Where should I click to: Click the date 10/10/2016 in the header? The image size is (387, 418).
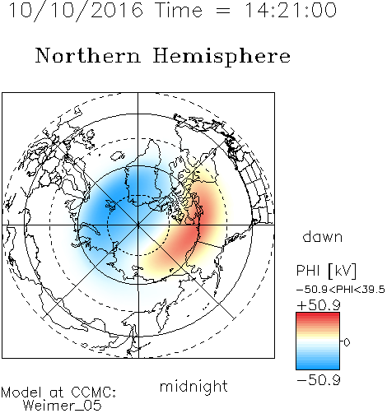pyautogui.click(x=76, y=10)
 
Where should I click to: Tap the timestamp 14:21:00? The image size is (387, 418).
pyautogui.click(x=291, y=10)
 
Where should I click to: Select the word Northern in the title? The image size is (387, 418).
pyautogui.click(x=88, y=55)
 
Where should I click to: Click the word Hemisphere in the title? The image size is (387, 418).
pyautogui.click(x=221, y=56)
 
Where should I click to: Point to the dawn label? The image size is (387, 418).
pyautogui.click(x=323, y=236)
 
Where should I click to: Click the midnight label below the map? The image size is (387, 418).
pyautogui.click(x=193, y=387)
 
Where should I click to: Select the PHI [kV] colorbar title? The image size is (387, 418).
pyautogui.click(x=326, y=271)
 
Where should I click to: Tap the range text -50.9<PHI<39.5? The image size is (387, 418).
pyautogui.click(x=341, y=290)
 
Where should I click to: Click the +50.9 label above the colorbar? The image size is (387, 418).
pyautogui.click(x=319, y=305)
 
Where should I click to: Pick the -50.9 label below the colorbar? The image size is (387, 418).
pyautogui.click(x=319, y=380)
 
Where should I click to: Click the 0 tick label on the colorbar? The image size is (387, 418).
pyautogui.click(x=347, y=342)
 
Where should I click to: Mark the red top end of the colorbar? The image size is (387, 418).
pyautogui.click(x=318, y=314)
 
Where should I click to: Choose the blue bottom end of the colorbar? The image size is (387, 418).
pyautogui.click(x=318, y=368)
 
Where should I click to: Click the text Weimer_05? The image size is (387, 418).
pyautogui.click(x=63, y=406)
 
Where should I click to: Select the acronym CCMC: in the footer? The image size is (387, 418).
pyautogui.click(x=94, y=392)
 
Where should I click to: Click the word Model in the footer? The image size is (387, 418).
pyautogui.click(x=21, y=392)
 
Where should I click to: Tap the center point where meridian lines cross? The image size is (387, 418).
pyautogui.click(x=138, y=225)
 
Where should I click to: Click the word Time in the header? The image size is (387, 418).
pyautogui.click(x=179, y=10)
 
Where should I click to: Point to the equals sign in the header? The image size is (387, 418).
pyautogui.click(x=223, y=11)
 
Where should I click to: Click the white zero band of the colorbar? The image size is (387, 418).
pyautogui.click(x=318, y=341)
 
